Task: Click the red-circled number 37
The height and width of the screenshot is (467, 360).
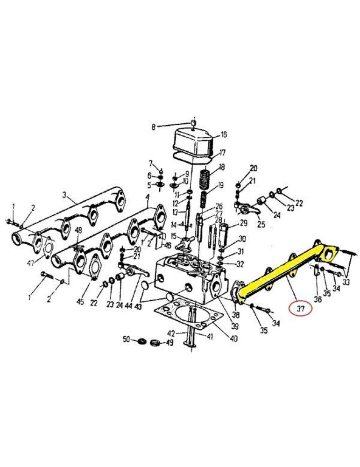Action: pos(300,309)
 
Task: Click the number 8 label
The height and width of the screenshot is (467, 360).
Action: pos(154,127)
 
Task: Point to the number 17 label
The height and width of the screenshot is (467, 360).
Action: pos(222,153)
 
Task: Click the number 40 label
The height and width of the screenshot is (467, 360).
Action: pos(234,338)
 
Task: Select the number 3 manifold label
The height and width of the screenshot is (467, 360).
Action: pos(64,195)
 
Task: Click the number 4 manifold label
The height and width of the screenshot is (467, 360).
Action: pos(147,197)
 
